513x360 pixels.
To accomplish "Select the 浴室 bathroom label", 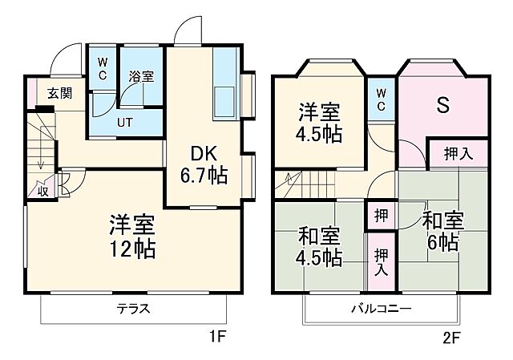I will [x=141, y=77].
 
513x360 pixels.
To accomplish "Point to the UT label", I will [x=125, y=123].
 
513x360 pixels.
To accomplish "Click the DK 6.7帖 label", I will [x=208, y=164].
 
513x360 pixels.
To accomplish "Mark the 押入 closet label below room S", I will [x=458, y=155].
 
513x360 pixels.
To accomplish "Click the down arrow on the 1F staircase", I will [x=39, y=160].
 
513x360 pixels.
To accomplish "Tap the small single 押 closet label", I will [x=381, y=215].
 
